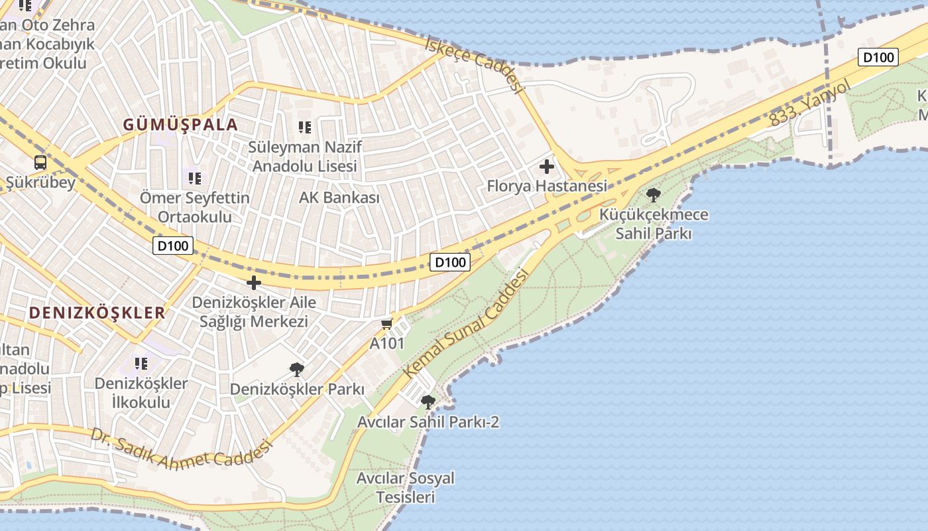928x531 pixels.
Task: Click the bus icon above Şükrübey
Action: [x=40, y=162]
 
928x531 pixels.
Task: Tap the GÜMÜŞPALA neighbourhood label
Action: [x=180, y=125]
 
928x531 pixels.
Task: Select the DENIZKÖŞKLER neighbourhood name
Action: [x=97, y=313]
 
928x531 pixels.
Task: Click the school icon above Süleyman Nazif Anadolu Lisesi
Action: [x=304, y=127]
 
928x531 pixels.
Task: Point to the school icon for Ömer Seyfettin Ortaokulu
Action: [x=194, y=178]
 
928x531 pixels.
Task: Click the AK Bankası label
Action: [x=339, y=198]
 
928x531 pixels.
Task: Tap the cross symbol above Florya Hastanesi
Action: [x=547, y=166]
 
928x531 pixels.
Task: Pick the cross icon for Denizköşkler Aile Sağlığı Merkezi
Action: [x=253, y=282]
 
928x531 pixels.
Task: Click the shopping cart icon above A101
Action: [x=387, y=324]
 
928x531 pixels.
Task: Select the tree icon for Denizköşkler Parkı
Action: [x=297, y=369]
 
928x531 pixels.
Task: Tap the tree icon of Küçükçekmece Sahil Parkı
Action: [x=653, y=194]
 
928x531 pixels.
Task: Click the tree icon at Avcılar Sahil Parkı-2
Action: [x=428, y=401]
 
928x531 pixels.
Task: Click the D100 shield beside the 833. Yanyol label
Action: [x=878, y=57]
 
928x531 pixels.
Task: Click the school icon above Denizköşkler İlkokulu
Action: [x=141, y=363]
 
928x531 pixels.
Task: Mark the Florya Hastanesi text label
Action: [x=547, y=186]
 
